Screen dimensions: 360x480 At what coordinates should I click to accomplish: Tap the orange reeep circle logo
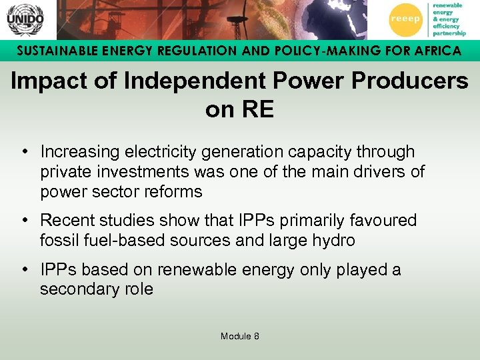click(405, 19)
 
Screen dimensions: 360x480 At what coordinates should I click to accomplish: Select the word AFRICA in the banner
click(437, 51)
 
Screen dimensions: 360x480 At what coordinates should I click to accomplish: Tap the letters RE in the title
click(257, 109)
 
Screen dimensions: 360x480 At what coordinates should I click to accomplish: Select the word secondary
click(79, 289)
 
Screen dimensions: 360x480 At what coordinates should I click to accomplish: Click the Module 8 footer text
click(240, 336)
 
